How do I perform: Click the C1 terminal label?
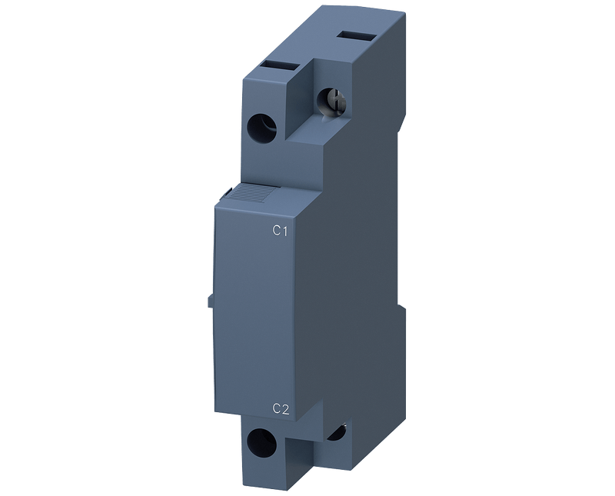(280, 231)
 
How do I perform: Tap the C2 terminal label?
(281, 409)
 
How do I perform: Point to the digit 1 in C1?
(285, 231)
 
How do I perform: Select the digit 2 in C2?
(285, 409)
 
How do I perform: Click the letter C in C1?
(277, 231)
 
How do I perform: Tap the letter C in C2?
(277, 409)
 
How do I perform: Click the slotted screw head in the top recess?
(332, 101)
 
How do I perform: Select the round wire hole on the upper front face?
(261, 128)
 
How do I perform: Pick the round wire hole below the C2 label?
(261, 442)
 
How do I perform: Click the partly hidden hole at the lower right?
(336, 431)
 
